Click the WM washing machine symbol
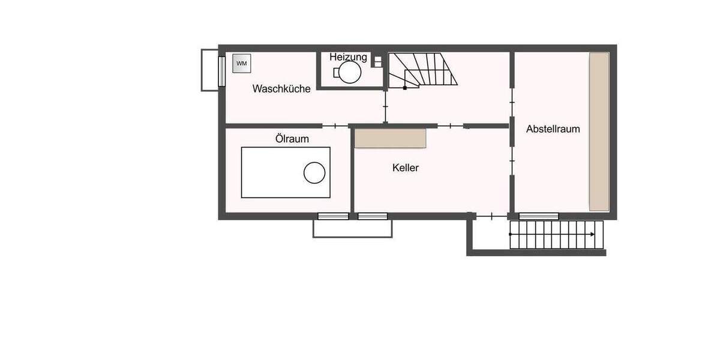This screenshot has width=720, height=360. [241, 64]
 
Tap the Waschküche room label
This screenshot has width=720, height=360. [281, 89]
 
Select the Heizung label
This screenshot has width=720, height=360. [348, 58]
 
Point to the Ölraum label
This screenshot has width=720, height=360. [292, 139]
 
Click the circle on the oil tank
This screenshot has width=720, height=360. [314, 173]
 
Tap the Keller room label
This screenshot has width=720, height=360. [406, 168]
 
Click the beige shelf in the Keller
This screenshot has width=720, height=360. [390, 138]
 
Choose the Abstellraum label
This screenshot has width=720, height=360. [553, 129]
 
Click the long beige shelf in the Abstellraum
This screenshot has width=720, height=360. [599, 131]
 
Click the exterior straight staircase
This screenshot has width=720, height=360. [556, 235]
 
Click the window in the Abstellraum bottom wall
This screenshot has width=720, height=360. [538, 216]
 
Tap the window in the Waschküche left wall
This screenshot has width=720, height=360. [221, 70]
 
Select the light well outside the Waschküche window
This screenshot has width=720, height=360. [209, 70]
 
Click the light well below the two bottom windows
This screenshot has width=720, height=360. [352, 229]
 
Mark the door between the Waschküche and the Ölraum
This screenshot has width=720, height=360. [335, 126]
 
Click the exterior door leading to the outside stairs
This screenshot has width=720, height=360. [492, 216]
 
